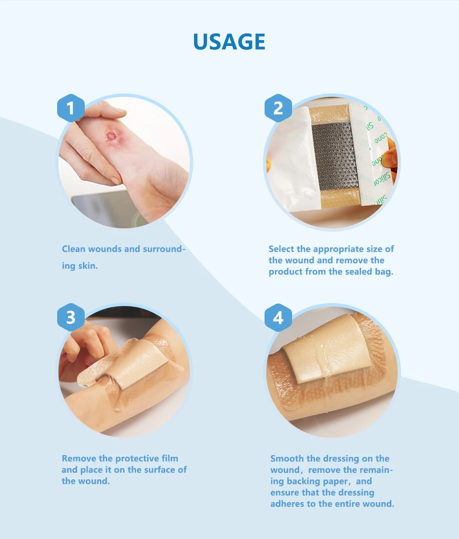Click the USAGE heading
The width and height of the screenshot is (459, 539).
(x=229, y=42)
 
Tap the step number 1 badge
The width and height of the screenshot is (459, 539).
(x=71, y=108)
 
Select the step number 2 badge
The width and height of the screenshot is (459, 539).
(x=278, y=108)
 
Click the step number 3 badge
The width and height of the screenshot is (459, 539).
(x=71, y=317)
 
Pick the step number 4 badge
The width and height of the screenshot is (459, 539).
(x=278, y=317)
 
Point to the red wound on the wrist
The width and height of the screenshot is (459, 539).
(x=112, y=135)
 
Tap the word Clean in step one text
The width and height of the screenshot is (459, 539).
(x=73, y=249)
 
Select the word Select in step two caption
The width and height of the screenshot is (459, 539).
(x=281, y=249)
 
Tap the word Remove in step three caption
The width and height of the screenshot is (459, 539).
(x=79, y=458)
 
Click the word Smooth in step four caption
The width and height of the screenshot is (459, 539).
(x=287, y=458)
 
